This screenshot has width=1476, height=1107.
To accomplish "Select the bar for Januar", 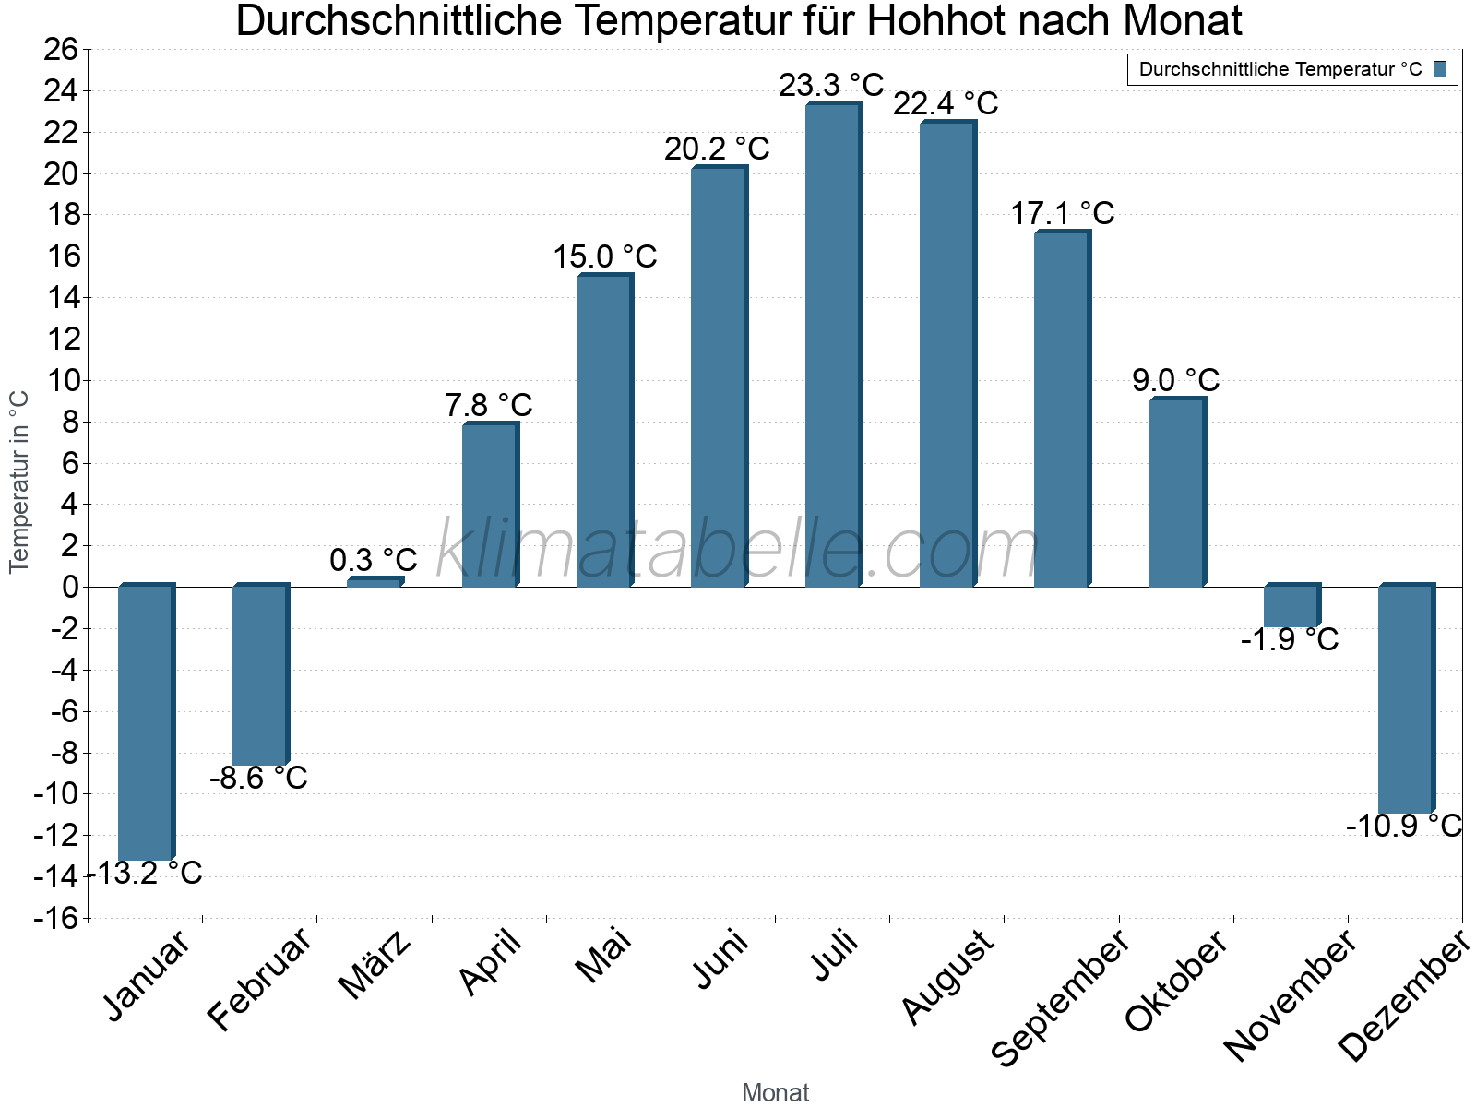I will [x=146, y=723].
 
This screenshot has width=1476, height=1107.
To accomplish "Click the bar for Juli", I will [x=833, y=346].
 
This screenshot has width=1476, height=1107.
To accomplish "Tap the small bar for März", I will [x=375, y=582].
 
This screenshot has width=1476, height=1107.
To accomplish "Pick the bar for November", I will [x=1291, y=607].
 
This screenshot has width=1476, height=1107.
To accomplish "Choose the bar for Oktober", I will [x=1176, y=494].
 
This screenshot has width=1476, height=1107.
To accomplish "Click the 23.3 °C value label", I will [x=831, y=86].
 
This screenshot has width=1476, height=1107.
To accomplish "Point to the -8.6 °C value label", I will [x=258, y=779].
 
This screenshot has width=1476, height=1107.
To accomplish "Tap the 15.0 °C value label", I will [x=605, y=257].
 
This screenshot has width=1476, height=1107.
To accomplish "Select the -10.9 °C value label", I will [x=1403, y=826].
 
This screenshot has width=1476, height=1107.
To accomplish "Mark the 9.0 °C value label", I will [x=1176, y=380].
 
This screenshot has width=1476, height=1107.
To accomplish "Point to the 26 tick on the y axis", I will [x=61, y=50].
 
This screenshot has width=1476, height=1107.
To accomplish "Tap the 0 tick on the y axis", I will [x=70, y=587].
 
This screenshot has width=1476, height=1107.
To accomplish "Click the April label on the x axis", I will [x=491, y=963].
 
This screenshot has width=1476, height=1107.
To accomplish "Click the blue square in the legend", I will [x=1440, y=69].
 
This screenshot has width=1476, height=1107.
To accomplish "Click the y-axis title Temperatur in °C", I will [x=19, y=482].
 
